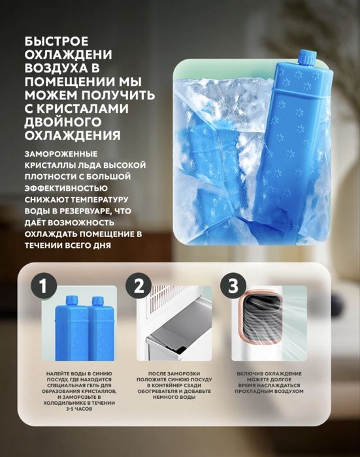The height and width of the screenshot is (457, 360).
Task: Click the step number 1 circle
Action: [x=44, y=287]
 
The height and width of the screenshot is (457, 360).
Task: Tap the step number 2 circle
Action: [x=138, y=287]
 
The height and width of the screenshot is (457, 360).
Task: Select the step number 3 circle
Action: [x=233, y=287]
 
